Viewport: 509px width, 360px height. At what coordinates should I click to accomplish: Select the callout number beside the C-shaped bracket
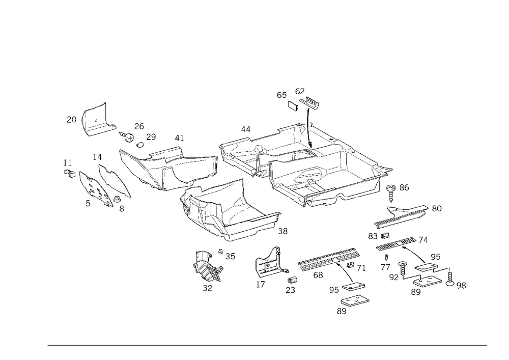(71, 120)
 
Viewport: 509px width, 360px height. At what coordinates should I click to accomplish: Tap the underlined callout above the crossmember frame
(178, 139)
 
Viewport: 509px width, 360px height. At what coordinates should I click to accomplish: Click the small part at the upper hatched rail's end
(437, 208)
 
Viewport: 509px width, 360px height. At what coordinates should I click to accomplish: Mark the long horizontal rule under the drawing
(267, 345)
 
